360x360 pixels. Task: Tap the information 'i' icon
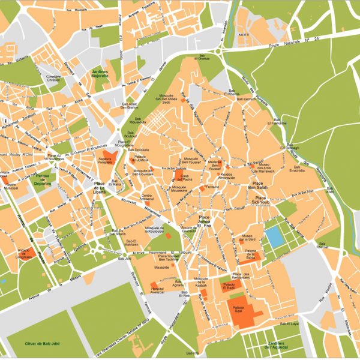[x=5, y=121]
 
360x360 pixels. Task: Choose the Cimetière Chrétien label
[x=55, y=79]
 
